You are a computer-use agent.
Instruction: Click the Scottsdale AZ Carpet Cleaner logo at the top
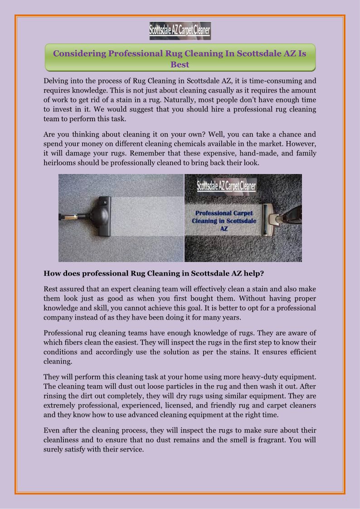coord(180,31)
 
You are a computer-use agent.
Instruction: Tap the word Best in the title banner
coord(180,64)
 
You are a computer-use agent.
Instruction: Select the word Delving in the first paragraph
coord(56,81)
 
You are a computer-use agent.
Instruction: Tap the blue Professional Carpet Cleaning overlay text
coord(224,221)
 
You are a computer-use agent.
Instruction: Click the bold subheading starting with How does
coord(154,273)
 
